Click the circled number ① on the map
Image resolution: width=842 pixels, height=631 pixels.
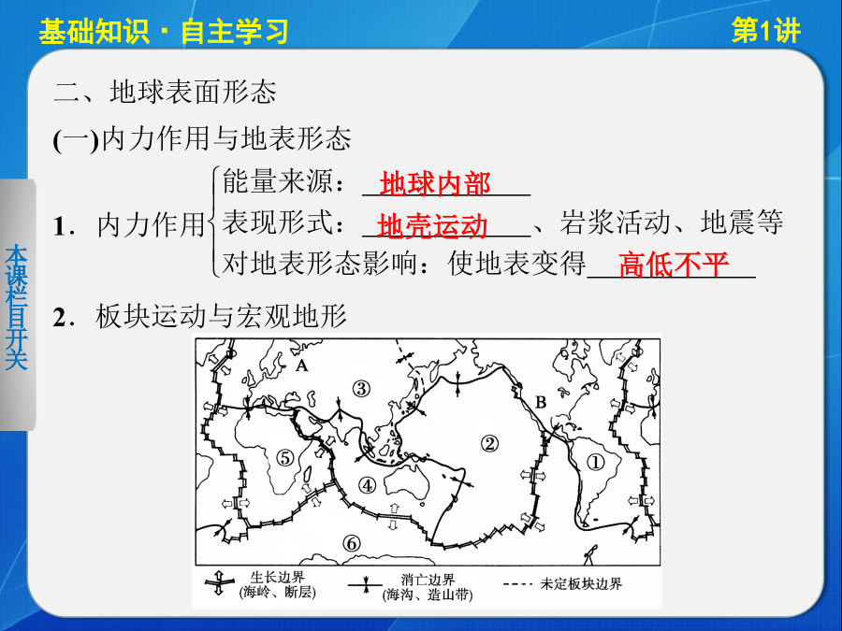[596, 462]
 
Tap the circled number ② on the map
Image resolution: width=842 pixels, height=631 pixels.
[489, 444]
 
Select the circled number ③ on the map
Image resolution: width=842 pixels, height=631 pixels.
[361, 388]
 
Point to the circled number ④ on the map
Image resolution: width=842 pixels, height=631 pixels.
[368, 485]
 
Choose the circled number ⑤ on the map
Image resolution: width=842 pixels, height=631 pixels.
[285, 458]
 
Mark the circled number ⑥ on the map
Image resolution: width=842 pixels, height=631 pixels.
[351, 543]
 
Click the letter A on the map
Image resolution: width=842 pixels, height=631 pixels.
[302, 366]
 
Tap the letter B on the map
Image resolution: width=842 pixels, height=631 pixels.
[541, 402]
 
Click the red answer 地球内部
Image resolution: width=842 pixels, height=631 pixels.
[435, 184]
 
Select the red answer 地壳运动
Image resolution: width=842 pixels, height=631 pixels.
[433, 226]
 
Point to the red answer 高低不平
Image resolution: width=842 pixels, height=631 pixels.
[674, 265]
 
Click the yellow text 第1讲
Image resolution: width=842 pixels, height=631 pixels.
[765, 31]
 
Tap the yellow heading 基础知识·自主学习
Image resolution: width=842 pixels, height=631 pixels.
[164, 32]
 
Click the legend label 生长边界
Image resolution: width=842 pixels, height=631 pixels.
[277, 578]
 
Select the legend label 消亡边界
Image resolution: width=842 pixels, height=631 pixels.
[428, 580]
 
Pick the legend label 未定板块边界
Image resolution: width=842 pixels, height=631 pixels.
[581, 583]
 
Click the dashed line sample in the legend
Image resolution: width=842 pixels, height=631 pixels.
[517, 583]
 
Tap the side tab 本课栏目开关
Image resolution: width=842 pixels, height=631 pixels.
[16, 307]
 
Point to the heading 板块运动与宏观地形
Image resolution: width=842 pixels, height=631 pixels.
[221, 316]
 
